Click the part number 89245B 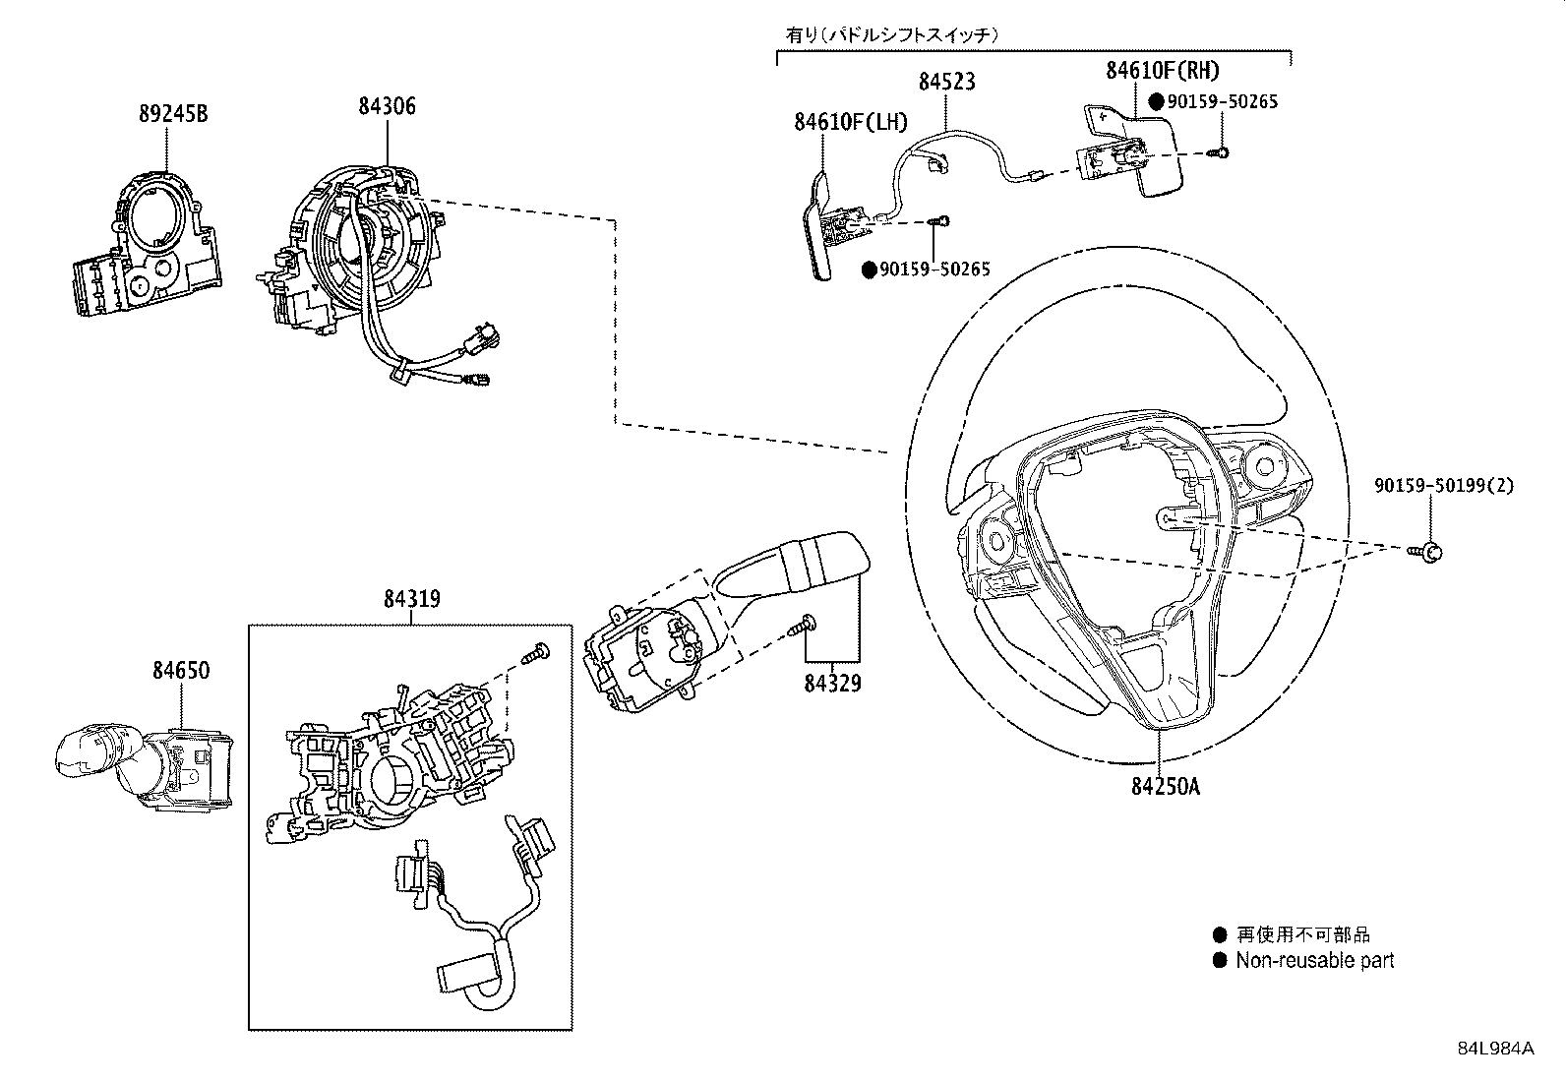(x=172, y=114)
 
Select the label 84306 (x=387, y=106)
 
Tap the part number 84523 (x=946, y=82)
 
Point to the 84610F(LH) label (x=851, y=123)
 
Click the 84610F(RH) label (x=1162, y=70)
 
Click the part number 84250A (x=1166, y=786)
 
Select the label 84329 (x=832, y=682)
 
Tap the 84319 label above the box (x=411, y=599)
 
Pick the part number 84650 (x=181, y=670)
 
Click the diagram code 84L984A (x=1495, y=1049)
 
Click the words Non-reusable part (x=1314, y=961)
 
